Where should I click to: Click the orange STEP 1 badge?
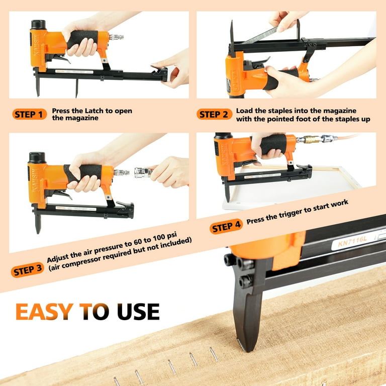point(30,115)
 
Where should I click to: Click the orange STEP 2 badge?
point(214,115)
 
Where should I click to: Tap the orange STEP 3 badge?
point(28,270)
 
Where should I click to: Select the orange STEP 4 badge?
point(226,226)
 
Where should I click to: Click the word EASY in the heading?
point(45,312)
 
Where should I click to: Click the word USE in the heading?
point(138,312)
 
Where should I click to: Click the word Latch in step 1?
point(87,111)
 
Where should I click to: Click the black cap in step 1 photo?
point(38,25)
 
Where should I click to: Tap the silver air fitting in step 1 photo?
point(116,37)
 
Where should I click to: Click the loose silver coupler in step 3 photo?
point(143,172)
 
